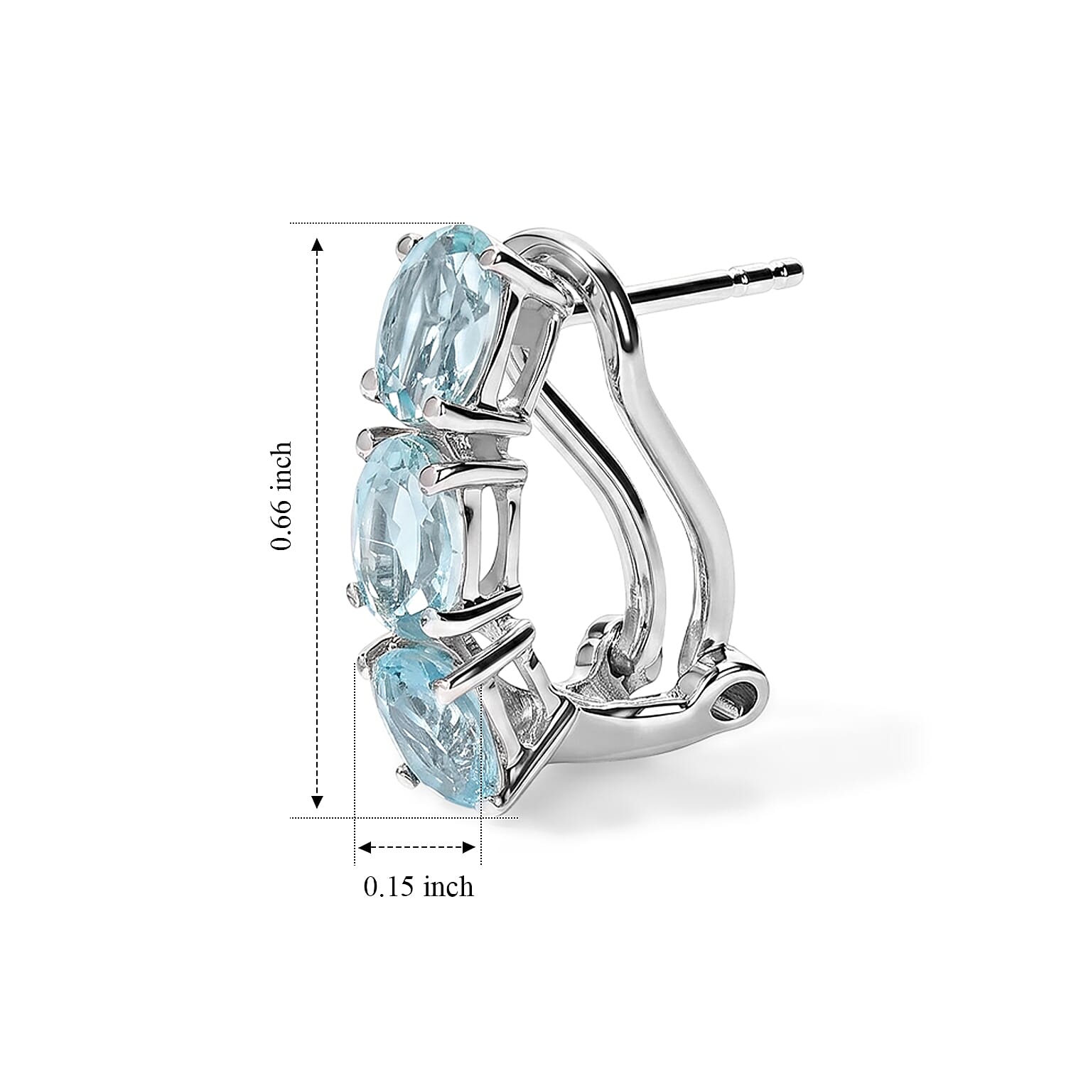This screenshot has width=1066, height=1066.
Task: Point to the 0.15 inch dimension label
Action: pyautogui.click(x=418, y=887)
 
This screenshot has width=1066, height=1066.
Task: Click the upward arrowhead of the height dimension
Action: pyautogui.click(x=318, y=244)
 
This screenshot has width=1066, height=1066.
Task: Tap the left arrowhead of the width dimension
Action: pyautogui.click(x=365, y=847)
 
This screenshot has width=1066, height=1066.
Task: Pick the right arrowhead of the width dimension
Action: pyautogui.click(x=468, y=847)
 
